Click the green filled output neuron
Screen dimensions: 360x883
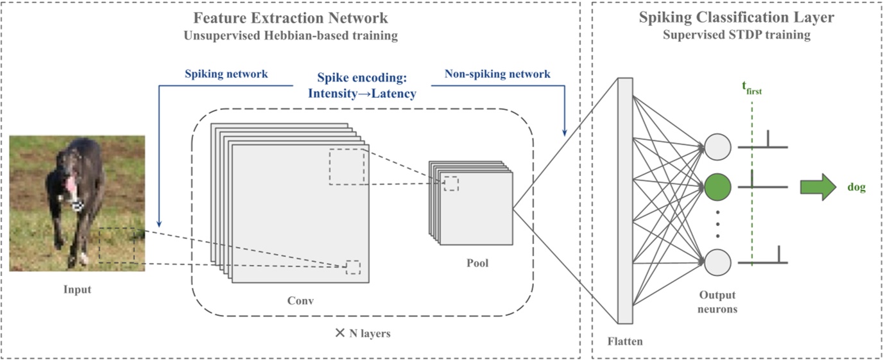coord(718,187)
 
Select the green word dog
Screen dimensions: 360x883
coord(856,187)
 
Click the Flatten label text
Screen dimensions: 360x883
coord(624,341)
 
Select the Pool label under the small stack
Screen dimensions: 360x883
coord(477,263)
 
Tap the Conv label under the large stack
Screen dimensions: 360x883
coord(300,300)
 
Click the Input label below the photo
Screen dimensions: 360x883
coord(77,289)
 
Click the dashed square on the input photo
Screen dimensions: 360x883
coord(117,245)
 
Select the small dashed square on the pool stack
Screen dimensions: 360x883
coord(451,184)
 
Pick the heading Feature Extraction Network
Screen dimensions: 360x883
coord(290,17)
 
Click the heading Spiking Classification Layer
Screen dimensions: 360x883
coord(736,17)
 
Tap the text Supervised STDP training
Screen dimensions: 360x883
coord(736,35)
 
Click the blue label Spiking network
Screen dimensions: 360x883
coord(227,74)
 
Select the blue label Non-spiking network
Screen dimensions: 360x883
coord(497,74)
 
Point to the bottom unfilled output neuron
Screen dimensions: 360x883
coord(718,262)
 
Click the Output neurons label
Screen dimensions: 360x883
coord(718,302)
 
